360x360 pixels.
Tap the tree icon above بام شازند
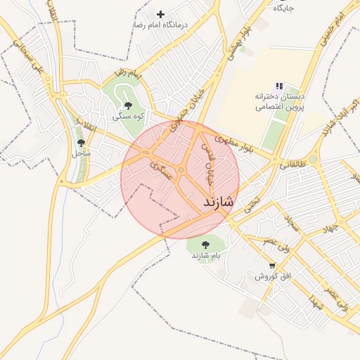point(205,244)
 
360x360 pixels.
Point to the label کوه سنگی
point(129,116)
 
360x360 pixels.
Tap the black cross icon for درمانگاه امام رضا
point(161,14)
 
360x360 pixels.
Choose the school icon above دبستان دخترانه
point(279,85)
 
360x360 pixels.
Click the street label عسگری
point(161,169)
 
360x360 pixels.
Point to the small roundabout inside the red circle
point(181,170)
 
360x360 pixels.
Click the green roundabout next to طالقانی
point(312,159)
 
